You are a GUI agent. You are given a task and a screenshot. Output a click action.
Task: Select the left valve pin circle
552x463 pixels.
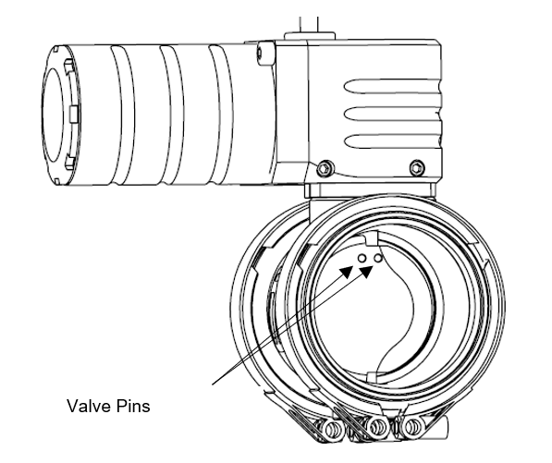point(362,259)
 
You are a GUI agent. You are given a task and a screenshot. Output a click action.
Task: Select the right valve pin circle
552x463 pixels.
point(378,258)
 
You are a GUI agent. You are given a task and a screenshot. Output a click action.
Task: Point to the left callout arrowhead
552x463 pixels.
point(347,272)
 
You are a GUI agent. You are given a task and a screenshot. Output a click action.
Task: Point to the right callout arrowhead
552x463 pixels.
point(366,272)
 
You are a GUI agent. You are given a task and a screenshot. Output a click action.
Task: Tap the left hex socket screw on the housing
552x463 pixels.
point(325,168)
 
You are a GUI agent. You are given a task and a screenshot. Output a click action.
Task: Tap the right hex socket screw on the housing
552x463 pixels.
point(417,167)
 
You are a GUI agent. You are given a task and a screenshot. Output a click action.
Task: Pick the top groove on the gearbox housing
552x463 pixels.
point(392,87)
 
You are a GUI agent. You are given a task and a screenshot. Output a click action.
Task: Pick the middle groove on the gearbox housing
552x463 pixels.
point(392,114)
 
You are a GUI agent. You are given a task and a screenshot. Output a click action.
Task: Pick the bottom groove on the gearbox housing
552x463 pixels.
point(392,141)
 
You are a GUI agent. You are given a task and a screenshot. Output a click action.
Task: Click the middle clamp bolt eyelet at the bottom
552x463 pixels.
point(377,427)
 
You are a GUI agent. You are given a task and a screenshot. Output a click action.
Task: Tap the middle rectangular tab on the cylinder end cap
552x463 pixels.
point(74,115)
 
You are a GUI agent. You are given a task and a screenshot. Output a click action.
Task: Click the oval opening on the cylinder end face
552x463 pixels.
point(55,115)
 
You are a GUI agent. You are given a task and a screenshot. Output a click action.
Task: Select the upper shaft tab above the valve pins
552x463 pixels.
point(372,238)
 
